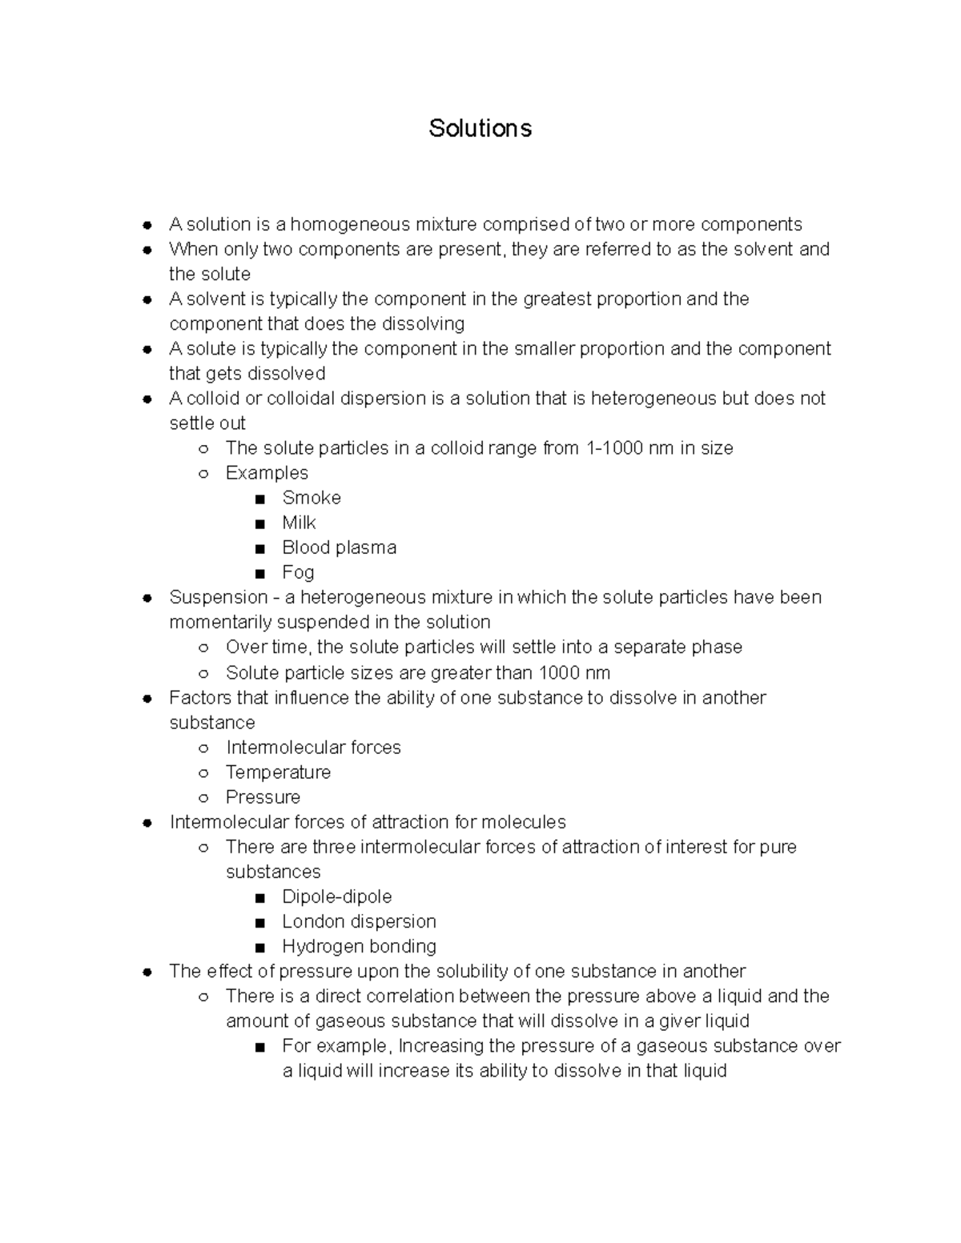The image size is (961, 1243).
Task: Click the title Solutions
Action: tap(480, 128)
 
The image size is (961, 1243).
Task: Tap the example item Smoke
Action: tap(312, 498)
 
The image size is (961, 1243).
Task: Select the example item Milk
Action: tap(299, 523)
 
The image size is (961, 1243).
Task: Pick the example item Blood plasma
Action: tap(339, 547)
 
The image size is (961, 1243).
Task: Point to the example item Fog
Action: tap(298, 572)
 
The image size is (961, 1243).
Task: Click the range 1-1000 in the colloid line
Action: tap(614, 448)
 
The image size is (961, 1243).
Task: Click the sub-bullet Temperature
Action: tap(278, 772)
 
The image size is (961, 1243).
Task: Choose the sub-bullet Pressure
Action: tap(263, 797)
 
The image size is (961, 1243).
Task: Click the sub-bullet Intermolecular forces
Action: tap(313, 748)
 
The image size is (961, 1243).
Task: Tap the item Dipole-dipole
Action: tap(336, 896)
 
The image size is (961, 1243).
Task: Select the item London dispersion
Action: tap(359, 921)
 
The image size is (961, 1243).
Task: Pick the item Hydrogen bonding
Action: tap(359, 946)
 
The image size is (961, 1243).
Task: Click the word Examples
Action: tap(267, 473)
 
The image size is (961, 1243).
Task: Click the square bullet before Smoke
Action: tap(259, 499)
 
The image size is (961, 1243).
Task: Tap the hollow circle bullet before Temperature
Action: tap(203, 773)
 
